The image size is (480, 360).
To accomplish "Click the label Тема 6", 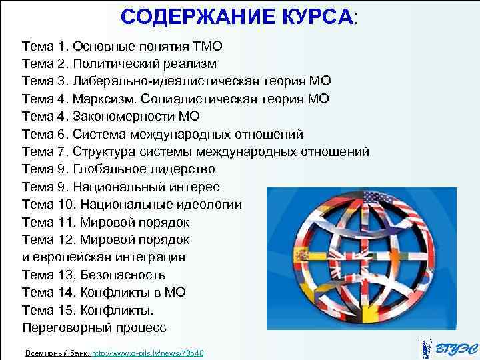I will (x=44, y=133).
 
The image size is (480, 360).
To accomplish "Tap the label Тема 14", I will (x=47, y=292).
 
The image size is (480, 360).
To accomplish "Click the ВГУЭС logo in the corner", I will (x=445, y=347).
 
